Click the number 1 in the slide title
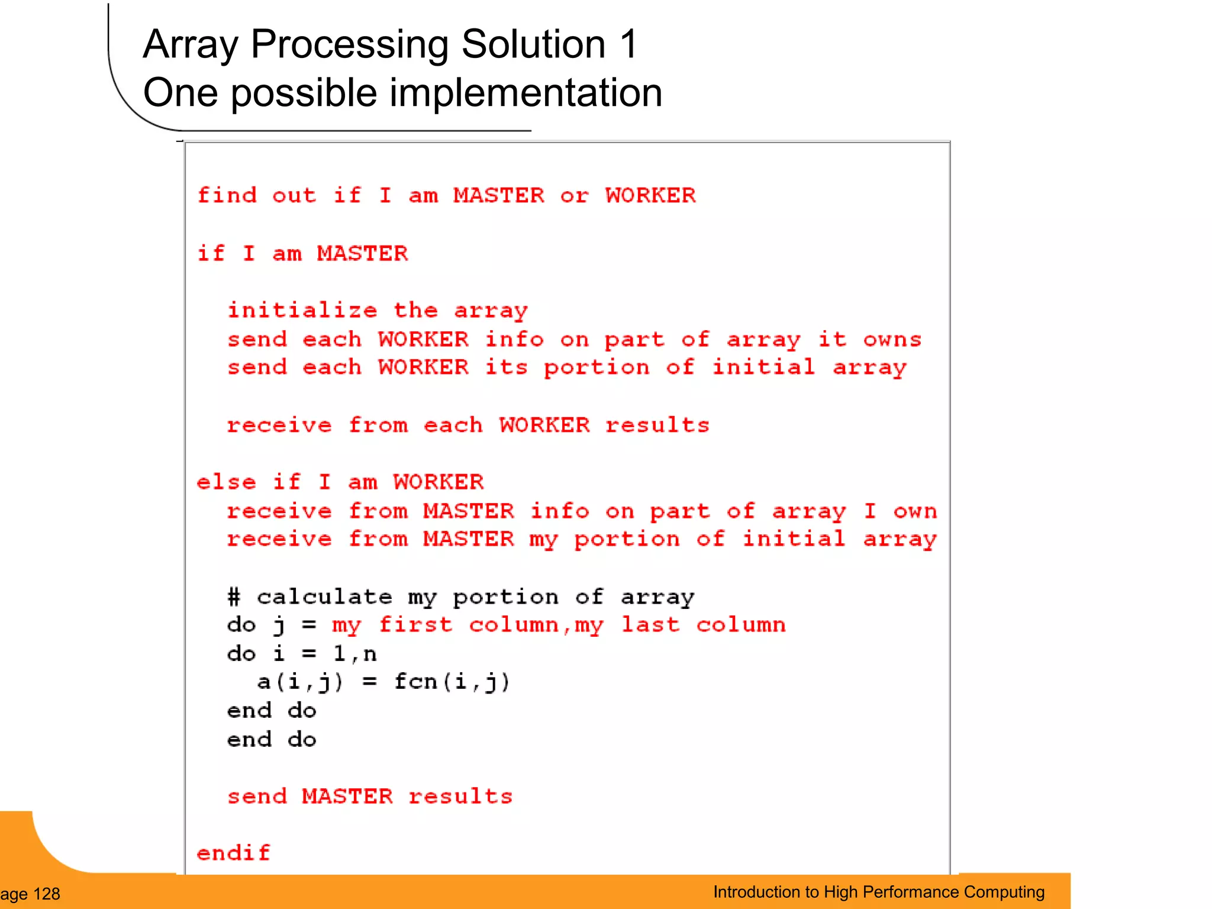pyautogui.click(x=628, y=44)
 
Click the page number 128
pyautogui.click(x=47, y=894)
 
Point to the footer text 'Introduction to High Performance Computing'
pyautogui.click(x=878, y=892)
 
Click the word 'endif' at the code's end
pyautogui.click(x=233, y=853)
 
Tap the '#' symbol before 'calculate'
pyautogui.click(x=234, y=597)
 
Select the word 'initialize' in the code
pyautogui.click(x=302, y=310)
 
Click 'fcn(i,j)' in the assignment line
pyautogui.click(x=452, y=682)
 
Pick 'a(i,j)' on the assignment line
pyautogui.click(x=300, y=682)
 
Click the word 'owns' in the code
pyautogui.click(x=892, y=339)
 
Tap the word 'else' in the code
pyautogui.click(x=226, y=482)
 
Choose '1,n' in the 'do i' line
pyautogui.click(x=354, y=653)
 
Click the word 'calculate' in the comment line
pyautogui.click(x=324, y=597)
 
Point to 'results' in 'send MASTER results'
pyautogui.click(x=460, y=796)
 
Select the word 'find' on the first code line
pyautogui.click(x=227, y=195)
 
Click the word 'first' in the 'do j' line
pyautogui.click(x=415, y=624)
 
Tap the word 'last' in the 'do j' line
pyautogui.click(x=650, y=624)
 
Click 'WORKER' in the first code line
pyautogui.click(x=650, y=195)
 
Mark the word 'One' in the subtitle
pyautogui.click(x=178, y=94)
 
